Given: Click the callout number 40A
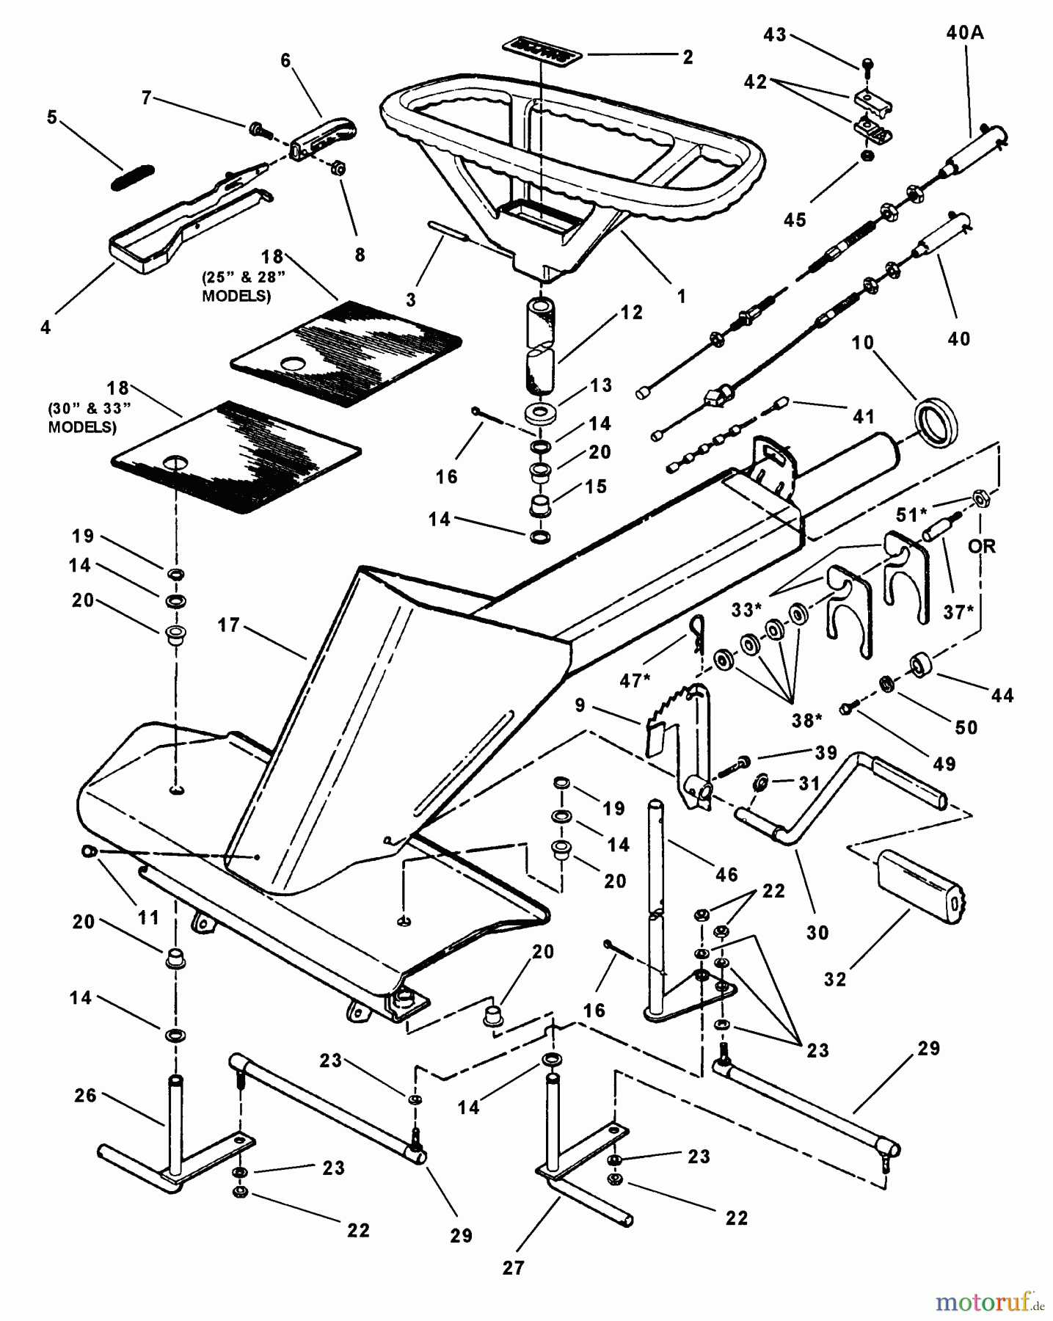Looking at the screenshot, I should [964, 32].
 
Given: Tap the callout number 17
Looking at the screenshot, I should [228, 625].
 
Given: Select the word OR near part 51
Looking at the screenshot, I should [982, 546].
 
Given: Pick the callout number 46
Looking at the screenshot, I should [726, 874].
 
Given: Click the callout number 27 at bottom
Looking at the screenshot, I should [513, 1267].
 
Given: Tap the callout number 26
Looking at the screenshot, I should [85, 1096].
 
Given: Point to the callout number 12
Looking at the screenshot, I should [631, 313].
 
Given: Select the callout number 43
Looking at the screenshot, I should [775, 34].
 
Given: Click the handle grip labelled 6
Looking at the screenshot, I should [323, 136].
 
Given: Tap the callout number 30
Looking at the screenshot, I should [817, 932].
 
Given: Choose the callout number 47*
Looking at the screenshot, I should [635, 680].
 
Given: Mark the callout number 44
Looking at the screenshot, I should [1002, 695].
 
